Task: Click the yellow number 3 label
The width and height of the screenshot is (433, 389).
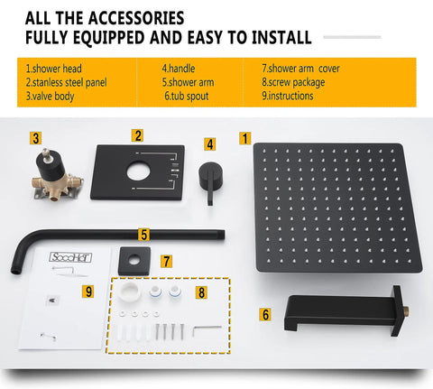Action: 36,138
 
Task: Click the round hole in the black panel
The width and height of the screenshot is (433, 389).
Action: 138,172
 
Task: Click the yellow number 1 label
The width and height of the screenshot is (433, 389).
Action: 245,138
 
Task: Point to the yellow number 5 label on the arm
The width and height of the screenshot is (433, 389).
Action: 144,235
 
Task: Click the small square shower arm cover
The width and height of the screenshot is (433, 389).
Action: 134,261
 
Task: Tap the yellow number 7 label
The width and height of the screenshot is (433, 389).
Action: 166,262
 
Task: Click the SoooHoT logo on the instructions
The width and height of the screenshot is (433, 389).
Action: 70,257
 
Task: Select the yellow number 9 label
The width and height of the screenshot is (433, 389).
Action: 88,292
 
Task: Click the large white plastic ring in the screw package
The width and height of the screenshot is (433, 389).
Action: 128,292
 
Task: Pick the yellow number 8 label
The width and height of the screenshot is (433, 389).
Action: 201,292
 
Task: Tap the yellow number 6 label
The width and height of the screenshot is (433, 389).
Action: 265,315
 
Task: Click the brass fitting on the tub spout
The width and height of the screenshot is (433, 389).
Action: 406,310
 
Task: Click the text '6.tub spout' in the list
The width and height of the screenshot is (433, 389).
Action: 187,97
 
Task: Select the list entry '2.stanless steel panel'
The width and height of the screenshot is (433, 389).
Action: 66,82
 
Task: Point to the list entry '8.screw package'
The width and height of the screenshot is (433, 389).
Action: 293,82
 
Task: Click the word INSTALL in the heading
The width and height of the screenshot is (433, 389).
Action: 281,37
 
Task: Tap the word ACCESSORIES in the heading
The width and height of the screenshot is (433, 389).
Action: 136,18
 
